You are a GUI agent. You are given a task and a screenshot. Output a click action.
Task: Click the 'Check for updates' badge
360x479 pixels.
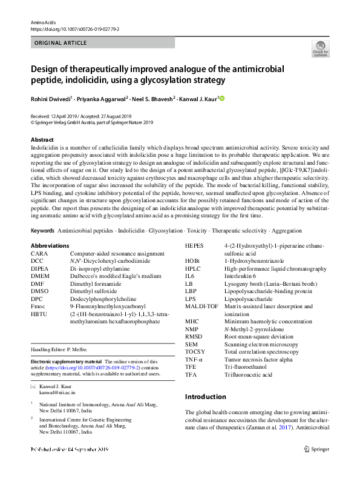320,49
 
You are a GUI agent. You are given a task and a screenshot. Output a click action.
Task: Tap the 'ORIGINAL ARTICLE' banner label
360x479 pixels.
61,43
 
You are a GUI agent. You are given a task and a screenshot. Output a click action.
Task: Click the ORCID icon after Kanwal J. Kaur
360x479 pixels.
221,97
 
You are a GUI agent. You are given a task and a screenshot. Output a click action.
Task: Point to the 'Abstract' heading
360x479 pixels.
42,139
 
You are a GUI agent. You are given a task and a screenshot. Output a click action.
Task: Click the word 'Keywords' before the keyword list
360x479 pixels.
42,231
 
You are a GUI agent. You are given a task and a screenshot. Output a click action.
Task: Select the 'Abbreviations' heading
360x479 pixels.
50,245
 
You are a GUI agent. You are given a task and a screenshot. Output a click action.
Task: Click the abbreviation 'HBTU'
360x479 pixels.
39,314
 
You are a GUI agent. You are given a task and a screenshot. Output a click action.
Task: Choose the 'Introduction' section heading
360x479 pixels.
205,397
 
